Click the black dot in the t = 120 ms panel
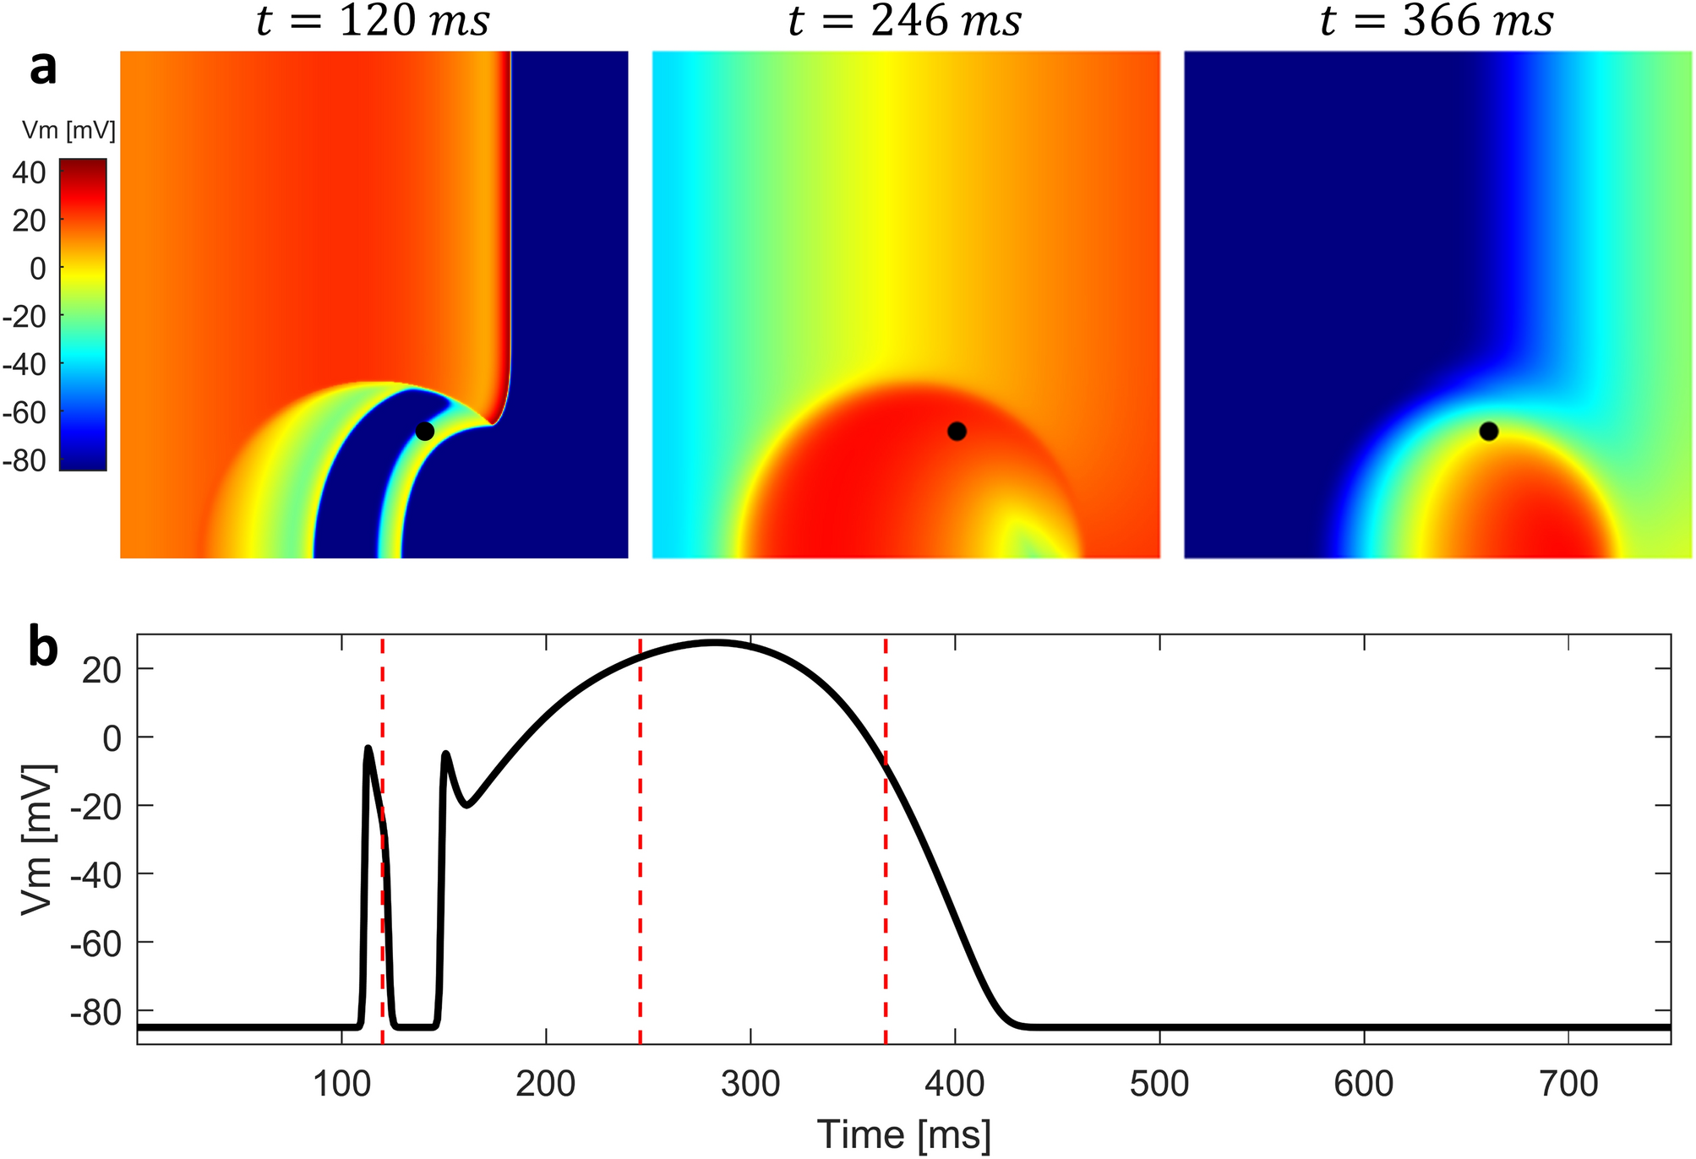click(x=424, y=431)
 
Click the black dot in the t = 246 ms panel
click(x=957, y=431)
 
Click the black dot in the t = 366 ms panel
click(x=1489, y=431)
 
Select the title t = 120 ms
click(x=373, y=22)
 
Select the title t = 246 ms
click(x=905, y=22)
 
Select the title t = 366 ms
click(x=1437, y=22)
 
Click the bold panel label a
click(x=43, y=68)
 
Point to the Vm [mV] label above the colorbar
click(x=68, y=130)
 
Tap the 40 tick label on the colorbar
click(x=29, y=173)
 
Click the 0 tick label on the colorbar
click(x=38, y=269)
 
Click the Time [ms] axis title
click(x=903, y=1135)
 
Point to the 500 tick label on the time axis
click(x=1159, y=1084)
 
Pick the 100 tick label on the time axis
click(x=341, y=1084)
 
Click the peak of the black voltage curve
click(x=715, y=643)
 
